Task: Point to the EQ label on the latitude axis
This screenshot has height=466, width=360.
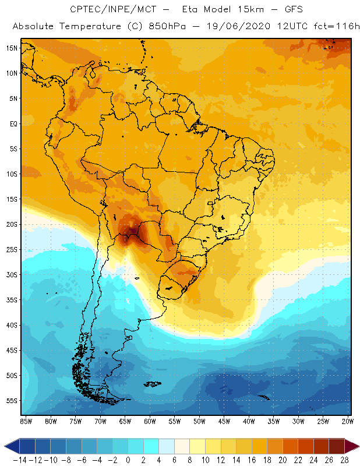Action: click(x=13, y=123)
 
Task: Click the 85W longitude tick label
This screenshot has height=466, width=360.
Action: click(x=26, y=421)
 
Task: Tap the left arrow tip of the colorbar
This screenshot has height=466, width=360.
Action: click(x=6, y=446)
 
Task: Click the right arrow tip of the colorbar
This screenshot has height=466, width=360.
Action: click(x=357, y=446)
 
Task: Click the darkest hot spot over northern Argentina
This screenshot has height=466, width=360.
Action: click(x=132, y=232)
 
